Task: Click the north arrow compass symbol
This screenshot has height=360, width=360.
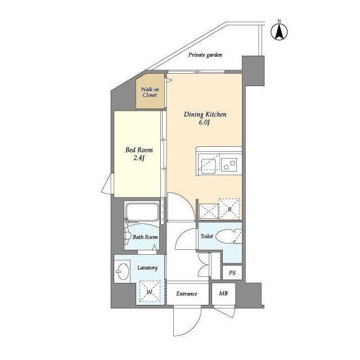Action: [279, 32]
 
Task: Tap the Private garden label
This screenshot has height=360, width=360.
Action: [205, 55]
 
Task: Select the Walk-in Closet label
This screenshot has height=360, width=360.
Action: [150, 92]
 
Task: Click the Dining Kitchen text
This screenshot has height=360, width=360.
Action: [205, 114]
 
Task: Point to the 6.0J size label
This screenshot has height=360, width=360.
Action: [204, 123]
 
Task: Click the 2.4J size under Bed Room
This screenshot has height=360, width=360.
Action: [139, 158]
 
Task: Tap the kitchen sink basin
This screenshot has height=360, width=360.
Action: [209, 165]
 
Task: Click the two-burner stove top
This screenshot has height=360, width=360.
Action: [229, 164]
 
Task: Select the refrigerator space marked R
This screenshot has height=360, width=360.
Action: [229, 209]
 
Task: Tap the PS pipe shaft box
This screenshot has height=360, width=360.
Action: [232, 272]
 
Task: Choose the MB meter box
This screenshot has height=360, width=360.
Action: [223, 294]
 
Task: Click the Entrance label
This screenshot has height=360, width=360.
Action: [187, 294]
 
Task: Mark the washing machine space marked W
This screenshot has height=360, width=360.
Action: [150, 291]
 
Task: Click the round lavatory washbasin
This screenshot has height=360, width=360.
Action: [122, 271]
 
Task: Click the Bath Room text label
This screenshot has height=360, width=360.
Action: [145, 237]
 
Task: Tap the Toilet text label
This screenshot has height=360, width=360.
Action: [206, 236]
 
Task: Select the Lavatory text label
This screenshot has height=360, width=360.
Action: [147, 268]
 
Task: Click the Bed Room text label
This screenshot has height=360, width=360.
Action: [139, 150]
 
